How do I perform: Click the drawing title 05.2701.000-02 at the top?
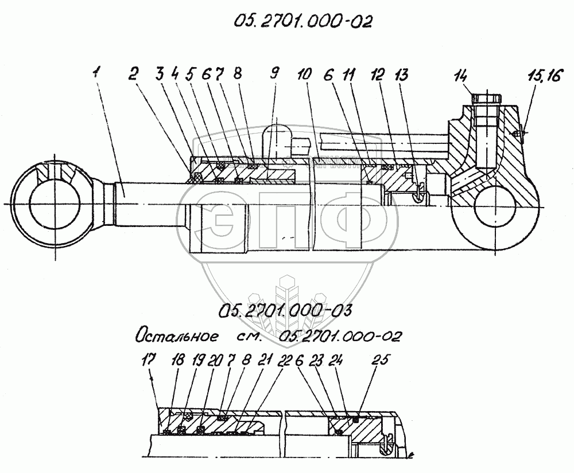click(x=302, y=21)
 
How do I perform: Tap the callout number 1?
click(x=98, y=73)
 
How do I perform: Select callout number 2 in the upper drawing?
click(x=133, y=73)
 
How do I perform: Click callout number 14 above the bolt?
click(x=460, y=75)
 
